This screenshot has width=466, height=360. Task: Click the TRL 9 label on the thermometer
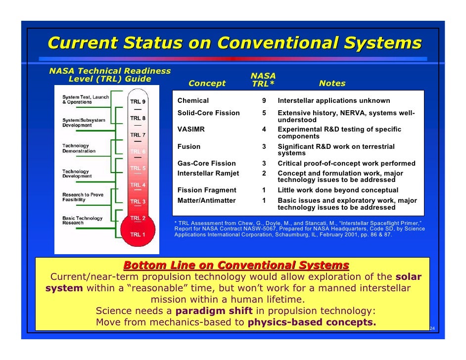pos(138,102)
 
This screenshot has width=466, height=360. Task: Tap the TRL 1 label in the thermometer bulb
pos(138,234)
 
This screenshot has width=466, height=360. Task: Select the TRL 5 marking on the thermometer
pos(138,168)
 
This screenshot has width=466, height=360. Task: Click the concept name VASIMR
pos(191,130)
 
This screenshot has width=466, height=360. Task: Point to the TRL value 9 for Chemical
pos(264,101)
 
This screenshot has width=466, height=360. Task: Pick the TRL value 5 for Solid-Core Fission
pos(264,113)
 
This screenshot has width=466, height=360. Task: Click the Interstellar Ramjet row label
pos(208,174)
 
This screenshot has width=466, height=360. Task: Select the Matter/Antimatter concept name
pos(206,201)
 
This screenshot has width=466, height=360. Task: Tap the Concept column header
pos(207,84)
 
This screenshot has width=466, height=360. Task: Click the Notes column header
pos(332,84)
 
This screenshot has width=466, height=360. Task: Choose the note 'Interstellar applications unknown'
pos(334,101)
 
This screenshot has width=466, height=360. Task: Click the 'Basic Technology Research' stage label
pos(82,221)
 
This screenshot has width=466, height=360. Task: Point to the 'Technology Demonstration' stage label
pos(79,148)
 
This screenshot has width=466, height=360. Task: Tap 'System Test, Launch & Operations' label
pos(84,99)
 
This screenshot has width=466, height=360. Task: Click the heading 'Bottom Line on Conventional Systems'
pos(236,265)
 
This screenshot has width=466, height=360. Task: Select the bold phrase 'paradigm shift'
pos(214,312)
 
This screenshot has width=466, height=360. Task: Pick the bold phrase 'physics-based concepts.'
pos(312,323)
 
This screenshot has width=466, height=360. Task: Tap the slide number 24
pos(432,329)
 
